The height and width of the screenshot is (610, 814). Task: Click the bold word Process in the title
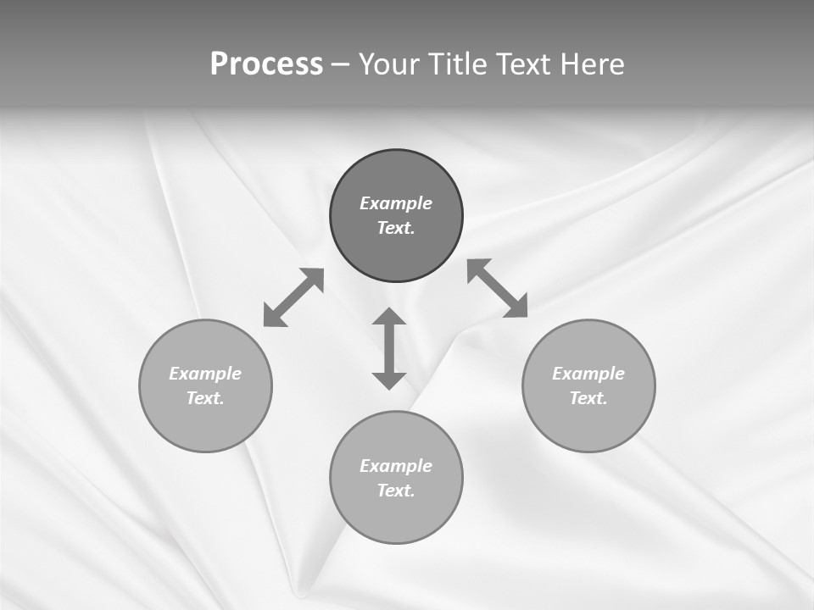click(x=266, y=64)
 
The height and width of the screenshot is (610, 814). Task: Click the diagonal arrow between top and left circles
click(x=293, y=297)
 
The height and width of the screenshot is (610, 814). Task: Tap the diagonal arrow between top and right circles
click(x=498, y=288)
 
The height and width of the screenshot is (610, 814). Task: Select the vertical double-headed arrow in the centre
click(x=389, y=348)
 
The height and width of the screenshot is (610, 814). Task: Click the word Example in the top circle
click(x=396, y=203)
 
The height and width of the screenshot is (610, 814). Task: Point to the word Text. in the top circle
click(x=396, y=228)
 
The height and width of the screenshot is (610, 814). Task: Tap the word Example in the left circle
click(x=205, y=374)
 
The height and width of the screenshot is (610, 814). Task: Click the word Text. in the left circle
click(x=205, y=398)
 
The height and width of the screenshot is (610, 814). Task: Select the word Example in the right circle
click(x=588, y=374)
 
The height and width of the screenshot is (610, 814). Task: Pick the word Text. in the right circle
click(x=588, y=398)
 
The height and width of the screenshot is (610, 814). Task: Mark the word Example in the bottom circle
click(x=396, y=466)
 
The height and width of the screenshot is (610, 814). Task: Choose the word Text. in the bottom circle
click(x=396, y=491)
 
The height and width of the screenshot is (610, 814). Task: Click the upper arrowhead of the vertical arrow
click(x=389, y=318)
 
